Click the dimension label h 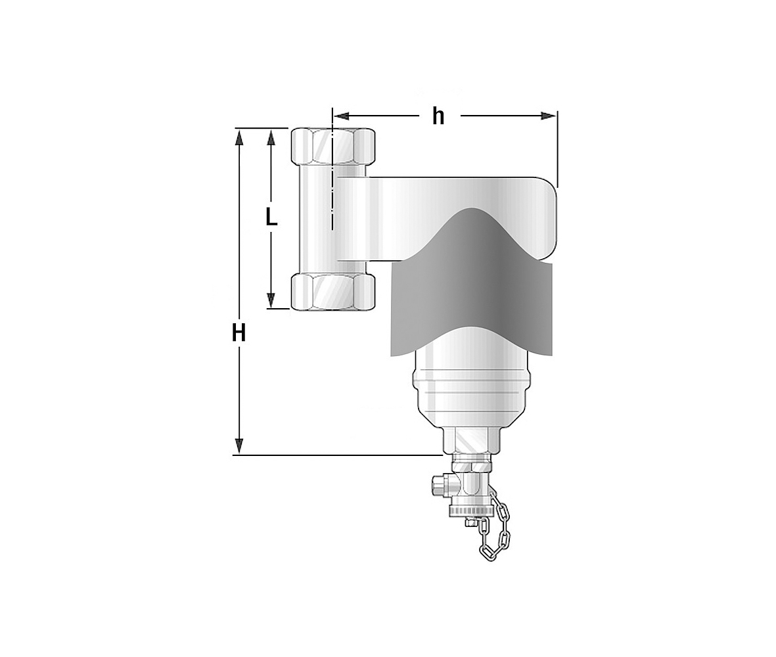(x=438, y=117)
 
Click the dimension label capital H (x=239, y=334)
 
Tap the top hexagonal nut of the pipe (x=332, y=147)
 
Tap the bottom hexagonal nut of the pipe (x=332, y=292)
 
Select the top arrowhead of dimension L (x=271, y=137)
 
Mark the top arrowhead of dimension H (x=239, y=137)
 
